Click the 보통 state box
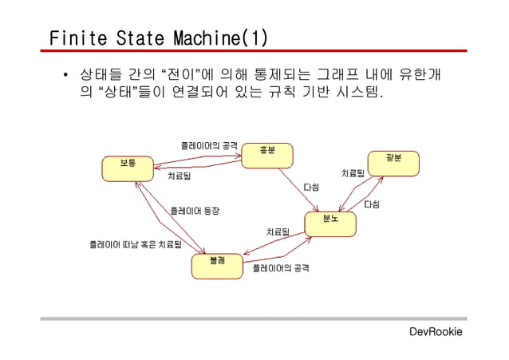(127, 168)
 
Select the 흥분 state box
(267, 155)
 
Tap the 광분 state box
(393, 163)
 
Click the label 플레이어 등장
(195, 211)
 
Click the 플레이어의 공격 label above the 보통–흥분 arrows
(209, 145)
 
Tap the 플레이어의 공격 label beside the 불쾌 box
(281, 269)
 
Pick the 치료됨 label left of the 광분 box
(353, 172)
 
